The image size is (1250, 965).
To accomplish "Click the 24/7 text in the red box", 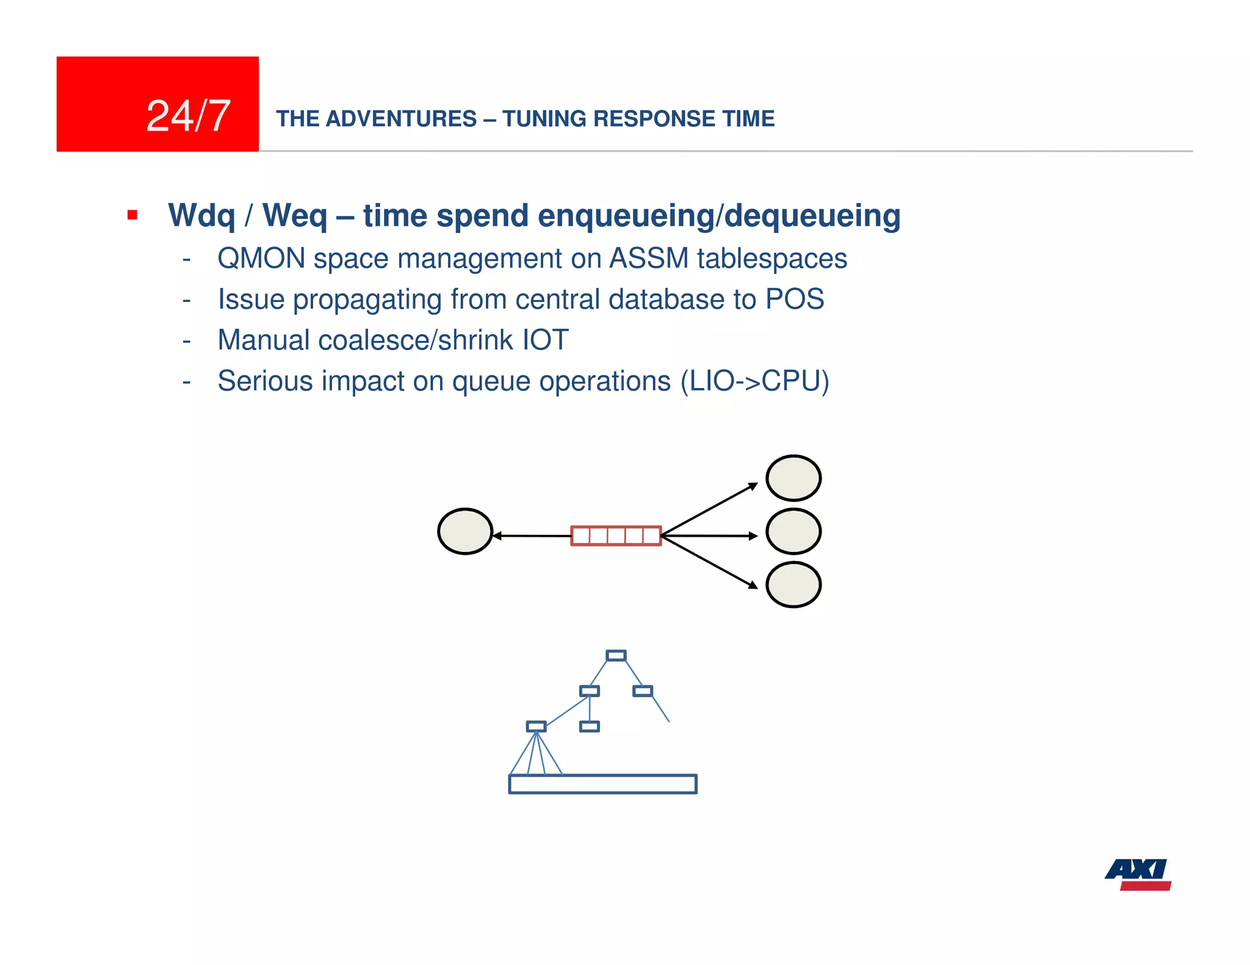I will click(188, 116).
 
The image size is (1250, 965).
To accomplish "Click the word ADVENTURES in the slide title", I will click(401, 119).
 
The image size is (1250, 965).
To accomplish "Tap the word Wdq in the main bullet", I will click(201, 216).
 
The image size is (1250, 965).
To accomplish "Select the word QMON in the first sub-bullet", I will click(261, 259).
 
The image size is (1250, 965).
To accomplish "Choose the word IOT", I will click(546, 340).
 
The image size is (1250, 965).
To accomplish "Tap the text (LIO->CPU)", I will click(754, 382).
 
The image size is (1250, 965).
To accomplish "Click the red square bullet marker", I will click(132, 215).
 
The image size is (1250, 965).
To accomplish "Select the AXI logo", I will click(1138, 874).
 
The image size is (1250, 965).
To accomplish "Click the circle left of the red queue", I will click(465, 531).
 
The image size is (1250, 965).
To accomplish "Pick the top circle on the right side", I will click(793, 478).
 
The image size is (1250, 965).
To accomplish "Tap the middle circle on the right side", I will click(793, 531).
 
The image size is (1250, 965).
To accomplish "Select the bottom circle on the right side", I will click(793, 585).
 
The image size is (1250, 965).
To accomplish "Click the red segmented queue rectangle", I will click(616, 536).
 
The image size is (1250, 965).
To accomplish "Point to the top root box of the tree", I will click(616, 656).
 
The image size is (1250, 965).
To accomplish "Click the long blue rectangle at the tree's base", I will click(602, 784).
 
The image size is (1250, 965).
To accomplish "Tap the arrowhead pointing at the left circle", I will click(497, 536).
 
